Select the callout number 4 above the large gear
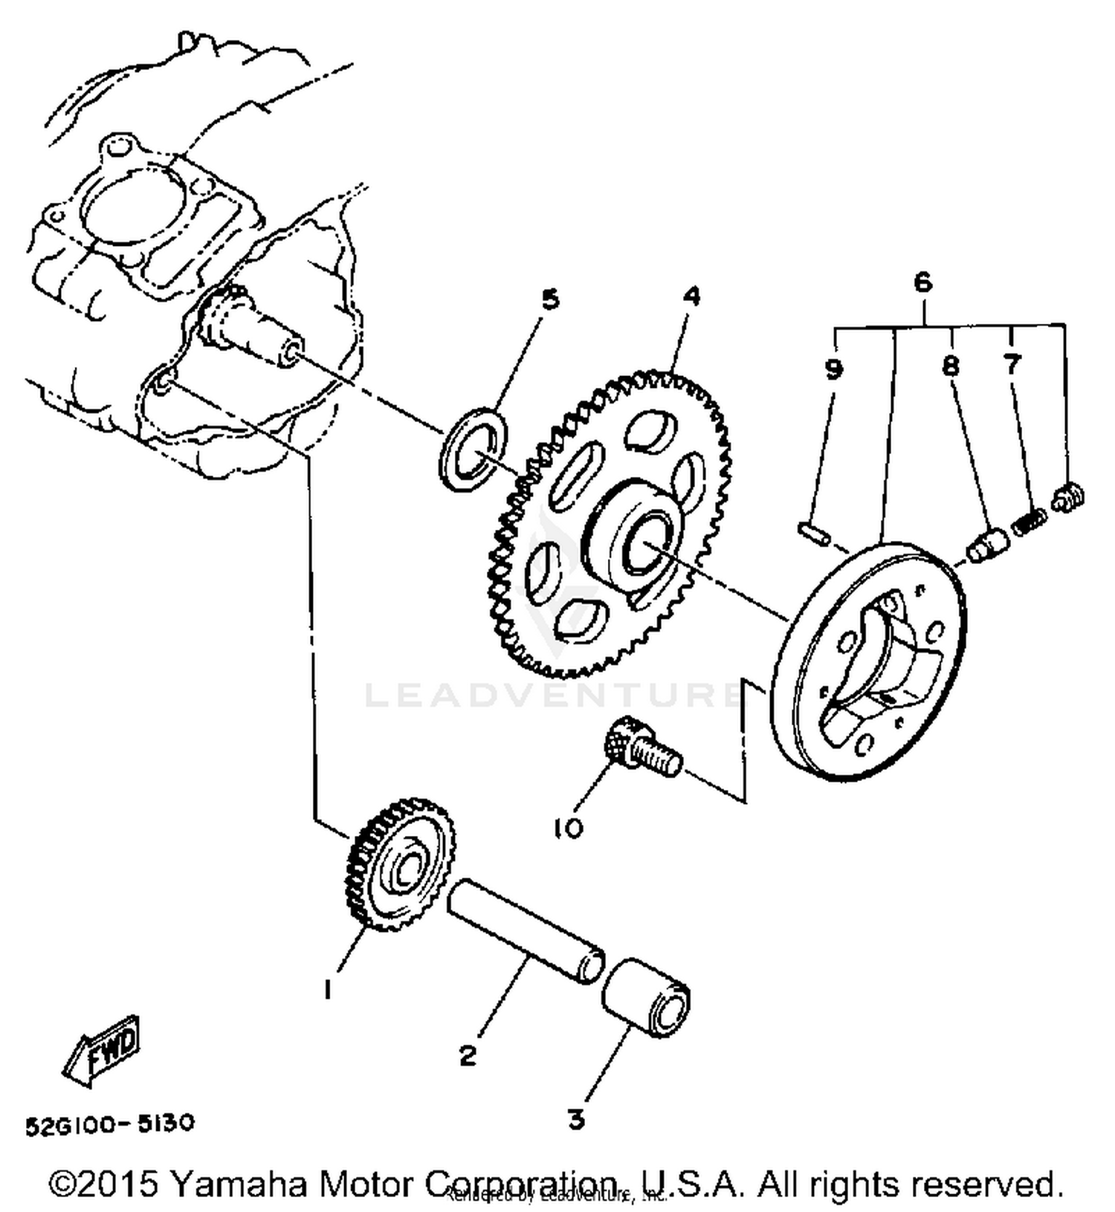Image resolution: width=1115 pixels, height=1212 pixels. (x=691, y=296)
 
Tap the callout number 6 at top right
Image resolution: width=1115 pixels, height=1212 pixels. (x=922, y=282)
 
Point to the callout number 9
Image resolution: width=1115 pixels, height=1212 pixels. (x=833, y=369)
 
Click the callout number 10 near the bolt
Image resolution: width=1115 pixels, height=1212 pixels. (x=569, y=828)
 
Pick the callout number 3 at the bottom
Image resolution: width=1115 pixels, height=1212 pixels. (x=576, y=1119)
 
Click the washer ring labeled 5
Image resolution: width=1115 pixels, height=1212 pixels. (x=474, y=448)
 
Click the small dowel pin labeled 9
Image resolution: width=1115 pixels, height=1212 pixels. (x=815, y=533)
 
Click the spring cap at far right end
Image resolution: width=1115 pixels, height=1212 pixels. (x=1070, y=497)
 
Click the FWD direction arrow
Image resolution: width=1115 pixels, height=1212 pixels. (x=103, y=1048)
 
